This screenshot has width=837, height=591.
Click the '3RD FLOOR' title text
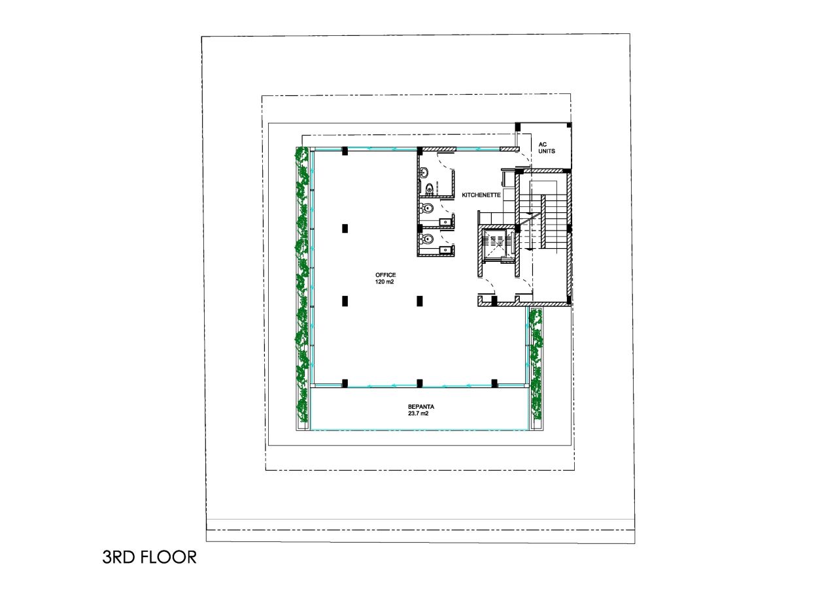(x=149, y=557)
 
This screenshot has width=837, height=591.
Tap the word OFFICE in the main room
(x=385, y=275)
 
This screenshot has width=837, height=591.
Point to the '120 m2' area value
(x=385, y=282)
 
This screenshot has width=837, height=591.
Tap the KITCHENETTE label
(x=481, y=195)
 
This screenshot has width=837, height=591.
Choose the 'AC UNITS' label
(x=546, y=148)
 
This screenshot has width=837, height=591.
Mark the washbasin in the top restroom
(x=424, y=173)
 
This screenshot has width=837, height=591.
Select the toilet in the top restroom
(x=428, y=189)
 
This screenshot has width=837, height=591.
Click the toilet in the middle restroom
(x=427, y=209)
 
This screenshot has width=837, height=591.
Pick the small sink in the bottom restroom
(x=447, y=249)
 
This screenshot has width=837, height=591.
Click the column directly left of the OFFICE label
(x=345, y=301)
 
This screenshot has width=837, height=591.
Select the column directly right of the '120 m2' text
(x=419, y=301)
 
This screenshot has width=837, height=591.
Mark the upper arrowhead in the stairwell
(x=524, y=213)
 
